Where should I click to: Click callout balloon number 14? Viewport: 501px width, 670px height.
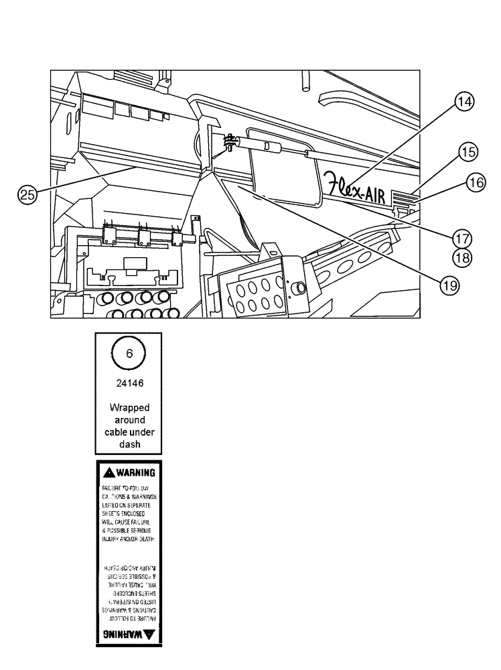(x=463, y=102)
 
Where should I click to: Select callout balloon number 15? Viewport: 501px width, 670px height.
(x=468, y=152)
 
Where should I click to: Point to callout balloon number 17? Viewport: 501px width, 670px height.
(x=461, y=238)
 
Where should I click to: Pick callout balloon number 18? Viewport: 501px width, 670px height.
(x=461, y=255)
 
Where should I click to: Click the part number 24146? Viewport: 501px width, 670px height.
(x=127, y=385)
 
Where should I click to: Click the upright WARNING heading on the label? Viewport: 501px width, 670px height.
(x=137, y=472)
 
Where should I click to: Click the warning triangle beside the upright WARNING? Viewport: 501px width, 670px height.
(x=109, y=472)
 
